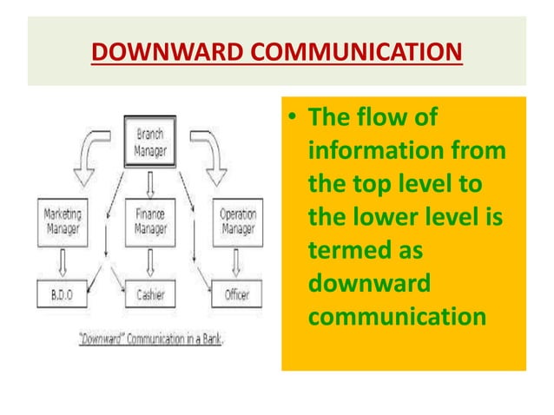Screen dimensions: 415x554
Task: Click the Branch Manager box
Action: (150, 142)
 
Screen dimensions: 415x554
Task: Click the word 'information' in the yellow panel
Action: (362, 152)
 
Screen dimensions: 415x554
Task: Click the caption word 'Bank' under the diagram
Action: (211, 339)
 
